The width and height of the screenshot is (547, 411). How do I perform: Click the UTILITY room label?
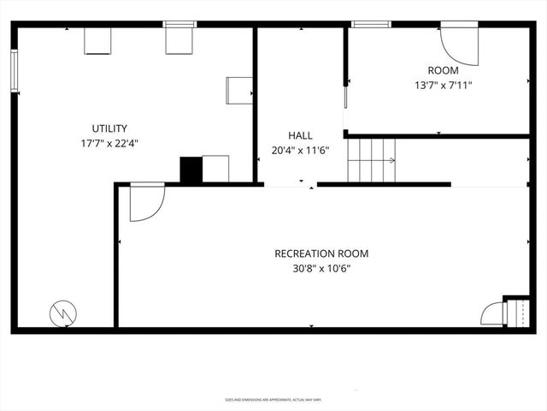[x=109, y=128]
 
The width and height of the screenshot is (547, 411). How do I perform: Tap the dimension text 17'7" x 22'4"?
[x=109, y=143]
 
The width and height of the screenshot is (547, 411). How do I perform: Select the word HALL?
[x=300, y=135]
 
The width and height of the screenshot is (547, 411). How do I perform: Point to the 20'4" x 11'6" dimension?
[x=300, y=150]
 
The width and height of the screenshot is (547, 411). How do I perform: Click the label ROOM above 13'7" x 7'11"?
[x=443, y=70]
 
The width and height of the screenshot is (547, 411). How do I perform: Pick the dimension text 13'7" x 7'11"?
[x=443, y=85]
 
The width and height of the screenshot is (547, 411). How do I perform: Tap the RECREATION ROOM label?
[x=321, y=253]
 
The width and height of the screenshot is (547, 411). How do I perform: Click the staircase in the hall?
[x=372, y=160]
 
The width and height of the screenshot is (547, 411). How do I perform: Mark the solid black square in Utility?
[x=191, y=170]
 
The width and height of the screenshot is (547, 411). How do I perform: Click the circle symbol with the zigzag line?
[x=62, y=313]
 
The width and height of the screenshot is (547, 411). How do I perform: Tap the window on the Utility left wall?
[x=15, y=70]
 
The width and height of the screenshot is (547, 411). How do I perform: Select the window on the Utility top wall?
[x=179, y=24]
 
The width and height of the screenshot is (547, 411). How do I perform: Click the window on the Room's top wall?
[x=372, y=24]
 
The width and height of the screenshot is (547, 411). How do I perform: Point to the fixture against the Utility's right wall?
[x=239, y=90]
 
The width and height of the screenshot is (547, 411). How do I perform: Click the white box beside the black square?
[x=215, y=169]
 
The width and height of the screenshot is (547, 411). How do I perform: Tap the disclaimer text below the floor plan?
[x=273, y=399]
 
